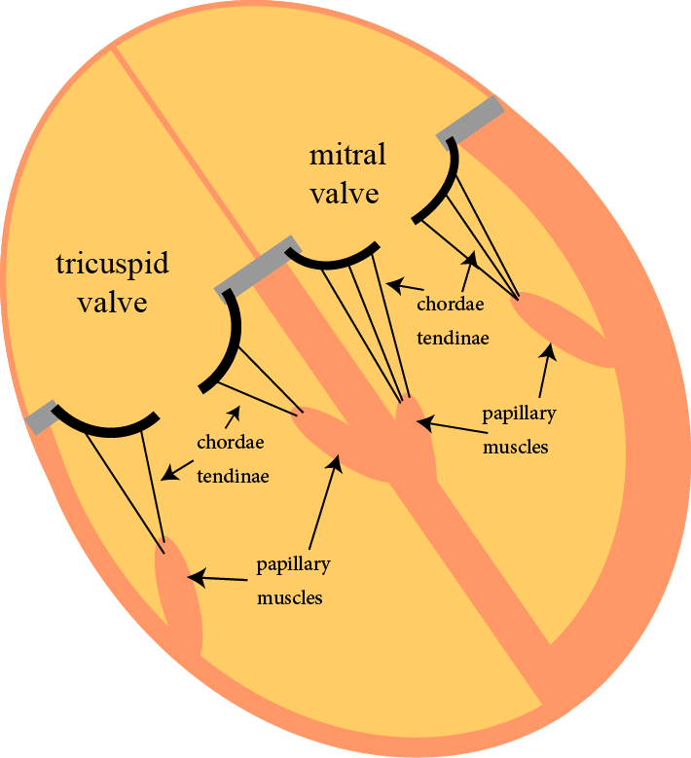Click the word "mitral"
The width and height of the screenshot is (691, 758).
point(347,156)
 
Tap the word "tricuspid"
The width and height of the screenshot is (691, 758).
point(112,264)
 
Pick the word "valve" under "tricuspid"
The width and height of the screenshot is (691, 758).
point(112,302)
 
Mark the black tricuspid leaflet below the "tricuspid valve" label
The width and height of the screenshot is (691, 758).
point(105,425)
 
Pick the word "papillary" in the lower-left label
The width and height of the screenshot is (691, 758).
point(293,564)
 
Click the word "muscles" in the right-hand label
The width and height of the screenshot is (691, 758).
point(516,448)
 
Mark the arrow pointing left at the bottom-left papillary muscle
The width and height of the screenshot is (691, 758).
point(214,579)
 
